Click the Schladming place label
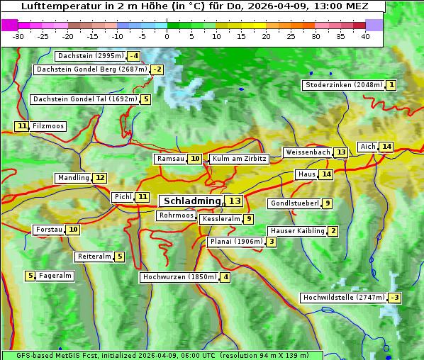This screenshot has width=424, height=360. pyautogui.click(x=191, y=201)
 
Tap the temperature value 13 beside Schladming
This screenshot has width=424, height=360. pyautogui.click(x=234, y=201)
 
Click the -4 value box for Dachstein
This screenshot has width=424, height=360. pyautogui.click(x=133, y=56)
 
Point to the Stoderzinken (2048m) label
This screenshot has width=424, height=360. pyautogui.click(x=343, y=85)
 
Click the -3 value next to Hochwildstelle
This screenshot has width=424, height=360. pyautogui.click(x=394, y=298)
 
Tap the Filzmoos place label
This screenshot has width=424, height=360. pyautogui.click(x=48, y=126)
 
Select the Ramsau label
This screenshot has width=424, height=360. pyautogui.click(x=170, y=159)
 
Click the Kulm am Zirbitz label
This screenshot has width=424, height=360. pyautogui.click(x=239, y=159)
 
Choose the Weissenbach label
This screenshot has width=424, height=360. pyautogui.click(x=308, y=152)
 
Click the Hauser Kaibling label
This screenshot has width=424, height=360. pyautogui.click(x=297, y=231)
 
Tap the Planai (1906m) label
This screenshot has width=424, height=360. pyautogui.click(x=237, y=242)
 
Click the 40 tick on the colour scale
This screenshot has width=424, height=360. pyautogui.click(x=364, y=36)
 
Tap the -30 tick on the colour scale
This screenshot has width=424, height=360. pyautogui.click(x=18, y=36)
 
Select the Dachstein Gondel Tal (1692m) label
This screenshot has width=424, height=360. pyautogui.click(x=84, y=99)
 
